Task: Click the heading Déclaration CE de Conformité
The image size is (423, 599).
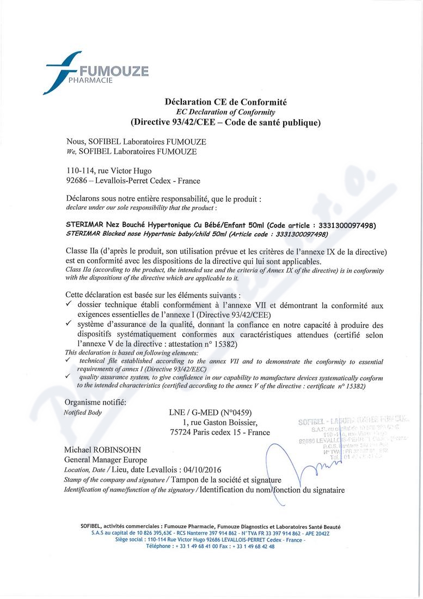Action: tap(225, 102)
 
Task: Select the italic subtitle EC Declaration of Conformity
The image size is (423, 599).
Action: tap(225, 112)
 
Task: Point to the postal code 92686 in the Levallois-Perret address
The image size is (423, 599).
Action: tap(76, 181)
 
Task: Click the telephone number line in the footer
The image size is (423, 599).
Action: tap(210, 546)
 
